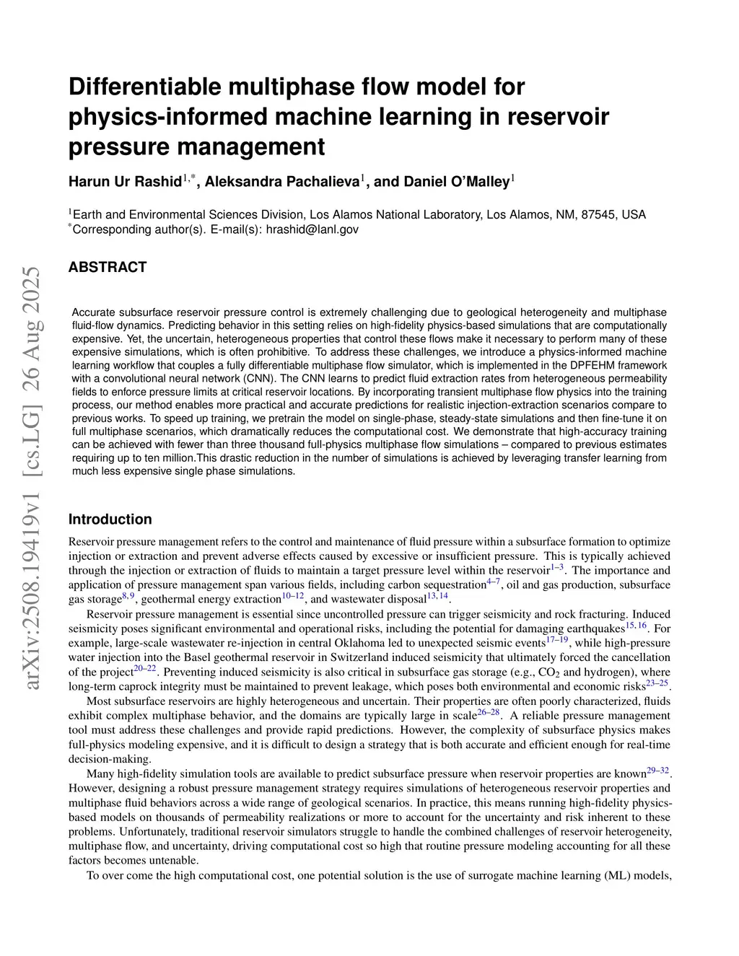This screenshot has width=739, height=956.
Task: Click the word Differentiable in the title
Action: point(145,87)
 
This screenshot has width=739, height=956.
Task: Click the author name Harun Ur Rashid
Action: point(125,182)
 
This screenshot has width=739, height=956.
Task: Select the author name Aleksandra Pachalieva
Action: point(282,182)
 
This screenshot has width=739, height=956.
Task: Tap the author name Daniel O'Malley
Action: point(441,182)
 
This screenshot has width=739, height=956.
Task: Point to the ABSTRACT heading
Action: point(108,267)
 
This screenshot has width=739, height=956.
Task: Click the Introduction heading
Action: point(110,519)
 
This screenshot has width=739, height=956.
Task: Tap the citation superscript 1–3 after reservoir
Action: point(557,568)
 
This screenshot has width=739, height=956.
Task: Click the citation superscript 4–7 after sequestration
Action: point(493,582)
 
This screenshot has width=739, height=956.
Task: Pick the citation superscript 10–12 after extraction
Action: point(292,596)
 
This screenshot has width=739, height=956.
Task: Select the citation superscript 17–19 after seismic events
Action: point(557,639)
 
